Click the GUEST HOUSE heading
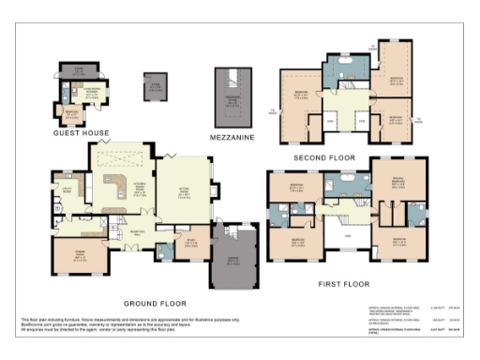tap(82, 132)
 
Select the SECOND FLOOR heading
tap(322, 156)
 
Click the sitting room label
tap(185, 193)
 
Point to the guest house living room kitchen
tap(92, 93)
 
